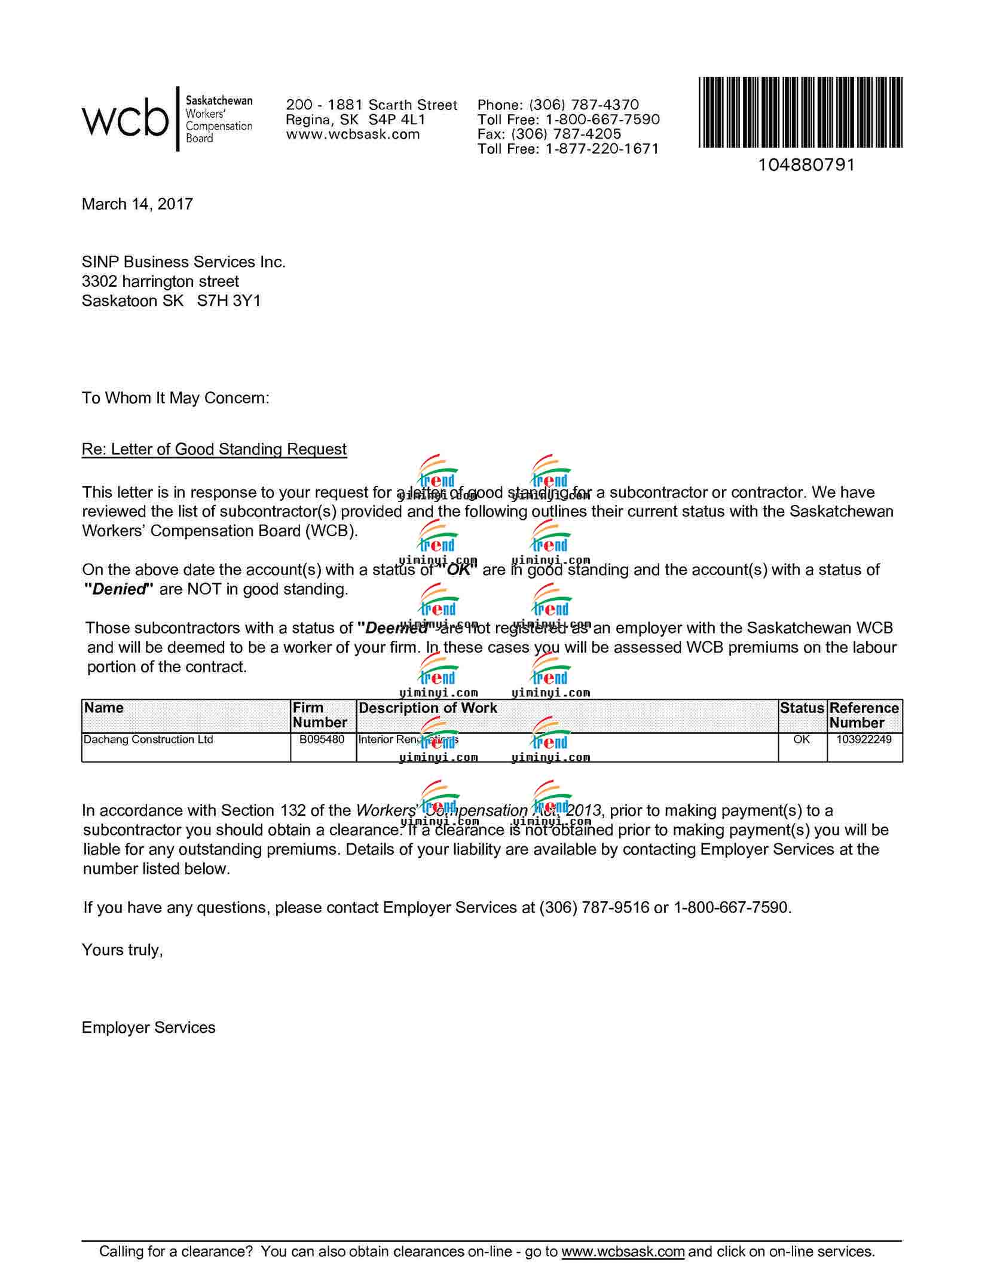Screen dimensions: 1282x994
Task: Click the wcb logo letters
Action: tap(125, 119)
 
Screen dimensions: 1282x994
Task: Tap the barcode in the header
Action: tap(800, 112)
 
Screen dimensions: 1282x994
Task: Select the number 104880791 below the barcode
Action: tap(806, 165)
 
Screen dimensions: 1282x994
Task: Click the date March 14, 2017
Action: tap(137, 204)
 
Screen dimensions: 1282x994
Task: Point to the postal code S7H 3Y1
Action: tap(229, 301)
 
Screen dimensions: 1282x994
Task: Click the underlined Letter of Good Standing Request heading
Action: tap(214, 449)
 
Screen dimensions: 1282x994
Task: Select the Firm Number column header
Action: tap(320, 715)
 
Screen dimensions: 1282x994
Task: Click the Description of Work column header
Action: tap(428, 708)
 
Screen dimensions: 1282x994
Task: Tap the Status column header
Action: tap(802, 708)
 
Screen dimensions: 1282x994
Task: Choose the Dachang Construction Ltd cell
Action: tap(148, 740)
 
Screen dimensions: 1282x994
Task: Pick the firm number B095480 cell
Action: tap(322, 740)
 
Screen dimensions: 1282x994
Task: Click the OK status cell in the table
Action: tap(802, 740)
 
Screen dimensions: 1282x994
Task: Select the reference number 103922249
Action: tap(864, 740)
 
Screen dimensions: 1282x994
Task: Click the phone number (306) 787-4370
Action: tap(584, 105)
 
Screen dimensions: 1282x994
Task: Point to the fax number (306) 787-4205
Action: tap(566, 134)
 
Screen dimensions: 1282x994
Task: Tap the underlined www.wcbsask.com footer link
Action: tap(623, 1252)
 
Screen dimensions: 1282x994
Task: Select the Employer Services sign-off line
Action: tap(149, 1027)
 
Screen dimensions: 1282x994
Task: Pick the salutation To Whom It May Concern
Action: tap(176, 398)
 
